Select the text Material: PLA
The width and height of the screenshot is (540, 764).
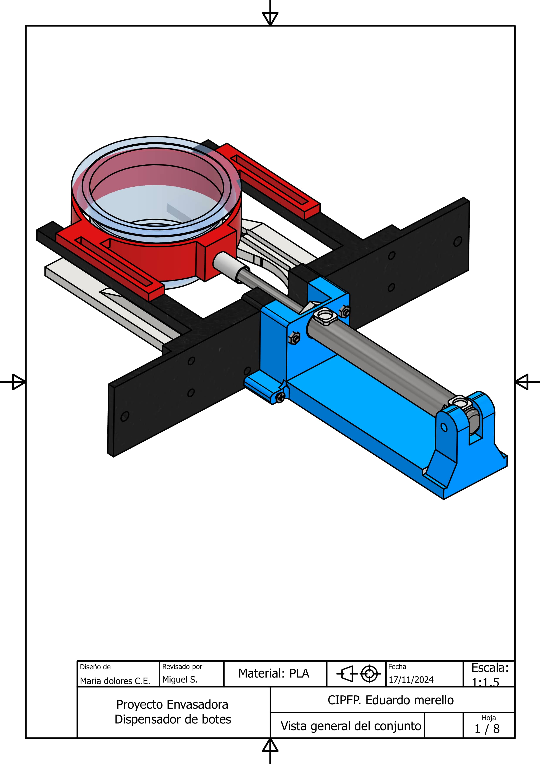point(274,673)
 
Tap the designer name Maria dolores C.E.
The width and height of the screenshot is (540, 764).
point(115,681)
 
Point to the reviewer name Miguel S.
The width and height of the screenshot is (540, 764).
point(180,679)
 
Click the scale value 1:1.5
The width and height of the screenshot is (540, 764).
point(486,683)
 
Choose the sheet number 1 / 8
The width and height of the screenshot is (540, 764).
point(487,729)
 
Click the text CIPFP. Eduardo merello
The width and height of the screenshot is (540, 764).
point(391,700)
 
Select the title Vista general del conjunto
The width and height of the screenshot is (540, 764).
point(351,726)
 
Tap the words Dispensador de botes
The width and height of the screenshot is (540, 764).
point(173,719)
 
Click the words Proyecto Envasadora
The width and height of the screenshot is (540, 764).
point(172,705)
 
